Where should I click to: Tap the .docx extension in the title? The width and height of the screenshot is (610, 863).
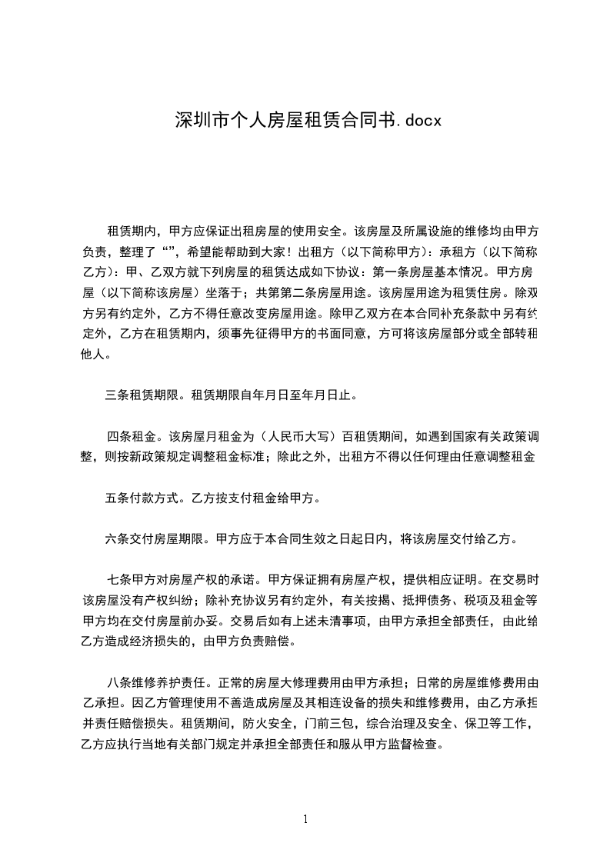[416, 121]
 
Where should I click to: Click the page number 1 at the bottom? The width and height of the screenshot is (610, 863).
[305, 818]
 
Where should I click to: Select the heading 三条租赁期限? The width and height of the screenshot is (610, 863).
[142, 396]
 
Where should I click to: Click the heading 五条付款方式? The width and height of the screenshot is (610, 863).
[142, 497]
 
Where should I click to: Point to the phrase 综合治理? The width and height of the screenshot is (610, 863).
[392, 724]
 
